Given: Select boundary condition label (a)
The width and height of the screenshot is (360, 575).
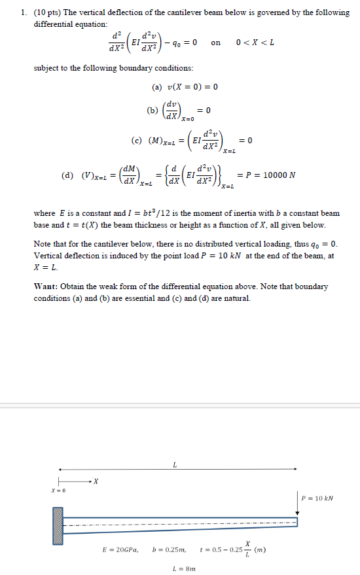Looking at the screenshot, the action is point(157,87).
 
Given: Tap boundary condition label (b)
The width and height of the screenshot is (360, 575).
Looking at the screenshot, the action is point(153,111).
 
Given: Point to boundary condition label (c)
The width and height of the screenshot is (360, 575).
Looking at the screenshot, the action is point(137,141).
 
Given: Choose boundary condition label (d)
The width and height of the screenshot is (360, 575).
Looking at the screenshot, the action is point(67,176).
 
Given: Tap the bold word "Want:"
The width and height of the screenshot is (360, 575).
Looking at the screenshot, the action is point(46,287).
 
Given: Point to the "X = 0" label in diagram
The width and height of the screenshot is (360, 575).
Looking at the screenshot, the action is point(58,491).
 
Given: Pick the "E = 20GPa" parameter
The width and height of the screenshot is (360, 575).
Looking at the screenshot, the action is point(120,550).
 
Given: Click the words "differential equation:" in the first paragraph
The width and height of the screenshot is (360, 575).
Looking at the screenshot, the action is point(65,23).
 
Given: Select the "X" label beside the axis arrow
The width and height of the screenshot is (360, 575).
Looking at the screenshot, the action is point(96,482).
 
